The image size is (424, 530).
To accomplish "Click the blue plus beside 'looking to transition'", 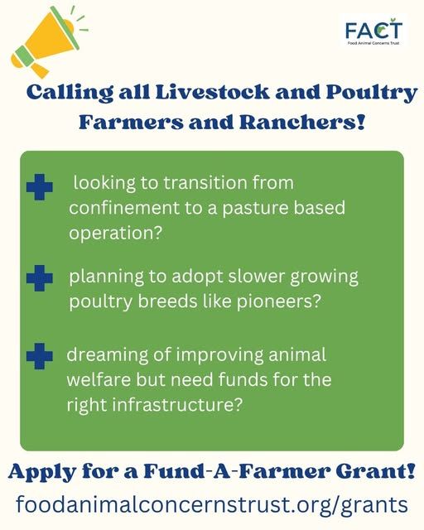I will point(39,187).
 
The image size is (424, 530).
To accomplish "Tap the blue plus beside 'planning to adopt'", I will point(39,278).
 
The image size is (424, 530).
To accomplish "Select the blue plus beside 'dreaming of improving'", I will point(39,358).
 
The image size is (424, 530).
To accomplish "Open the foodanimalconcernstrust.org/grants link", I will point(212,504).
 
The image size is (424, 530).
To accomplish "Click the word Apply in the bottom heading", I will point(36,473).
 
